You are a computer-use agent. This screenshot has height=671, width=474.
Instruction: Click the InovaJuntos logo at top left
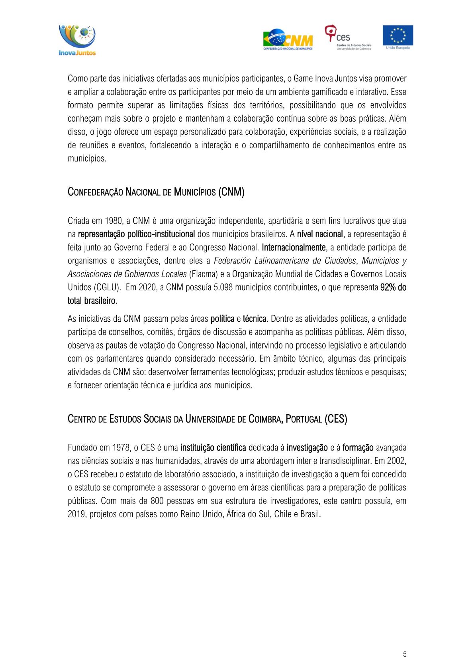tap(77, 40)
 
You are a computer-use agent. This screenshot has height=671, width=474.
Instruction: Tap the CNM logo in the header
tap(288, 39)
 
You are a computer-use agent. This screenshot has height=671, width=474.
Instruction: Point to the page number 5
tap(405, 654)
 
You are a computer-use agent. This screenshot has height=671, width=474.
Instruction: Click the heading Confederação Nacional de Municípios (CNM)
tap(156, 192)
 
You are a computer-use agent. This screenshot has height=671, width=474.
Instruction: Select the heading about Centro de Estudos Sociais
tap(207, 419)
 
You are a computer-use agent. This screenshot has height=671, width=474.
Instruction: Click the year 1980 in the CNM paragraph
tap(114, 221)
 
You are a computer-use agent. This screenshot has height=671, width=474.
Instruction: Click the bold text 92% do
tap(393, 287)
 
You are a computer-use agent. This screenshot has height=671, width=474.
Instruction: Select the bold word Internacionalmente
tap(294, 248)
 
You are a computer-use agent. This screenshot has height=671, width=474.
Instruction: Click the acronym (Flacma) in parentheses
tap(203, 274)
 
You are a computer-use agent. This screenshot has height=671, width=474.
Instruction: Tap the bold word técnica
tap(255, 319)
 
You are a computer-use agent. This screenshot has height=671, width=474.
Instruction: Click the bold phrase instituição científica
tap(213, 448)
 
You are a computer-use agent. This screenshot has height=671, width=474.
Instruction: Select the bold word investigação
tap(307, 448)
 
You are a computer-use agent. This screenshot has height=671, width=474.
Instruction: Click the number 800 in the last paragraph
tap(157, 501)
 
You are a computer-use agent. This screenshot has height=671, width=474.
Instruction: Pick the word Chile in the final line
tap(283, 514)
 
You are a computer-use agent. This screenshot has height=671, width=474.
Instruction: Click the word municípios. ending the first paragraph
tap(87, 159)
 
